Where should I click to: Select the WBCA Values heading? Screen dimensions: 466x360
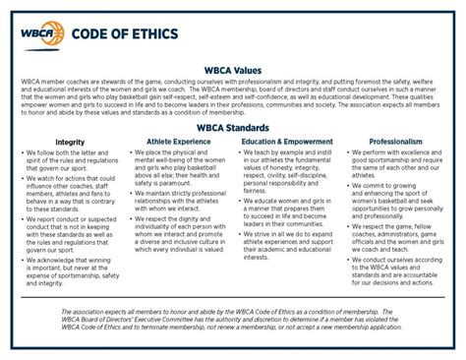tap(233, 72)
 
